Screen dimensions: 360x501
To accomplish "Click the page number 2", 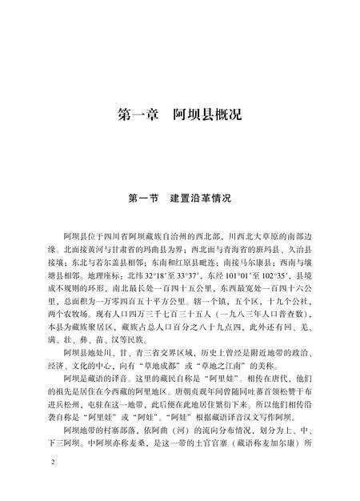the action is coord(51,463).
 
